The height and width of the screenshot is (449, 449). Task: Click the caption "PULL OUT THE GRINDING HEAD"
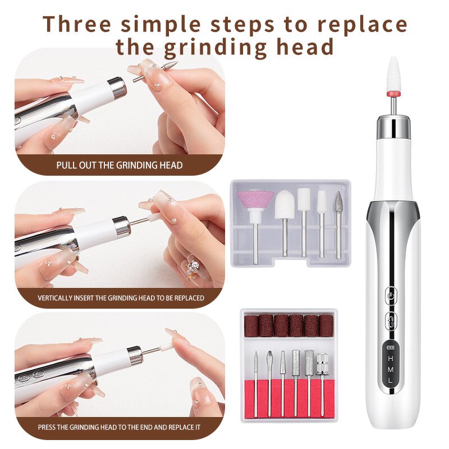pos(119,165)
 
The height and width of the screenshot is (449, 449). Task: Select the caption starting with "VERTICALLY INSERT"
pos(121,297)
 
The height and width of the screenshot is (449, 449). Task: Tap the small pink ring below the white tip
pos(393,91)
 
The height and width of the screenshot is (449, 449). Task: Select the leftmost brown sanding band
pos(250,326)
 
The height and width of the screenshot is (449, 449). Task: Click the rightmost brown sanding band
pos(326,326)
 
